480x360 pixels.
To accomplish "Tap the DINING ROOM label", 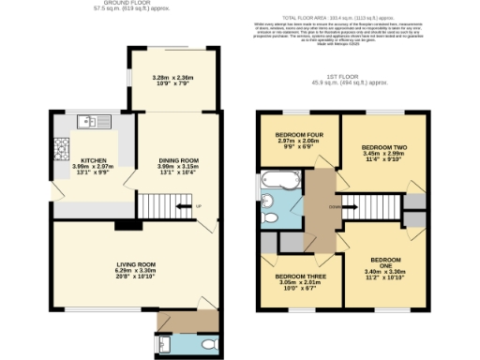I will [x=177, y=160].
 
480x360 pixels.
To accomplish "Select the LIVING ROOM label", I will [x=128, y=265].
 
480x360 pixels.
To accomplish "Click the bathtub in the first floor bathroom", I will [x=278, y=179].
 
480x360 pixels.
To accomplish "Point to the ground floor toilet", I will [x=209, y=343].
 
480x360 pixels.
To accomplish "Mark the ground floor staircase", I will [x=165, y=205].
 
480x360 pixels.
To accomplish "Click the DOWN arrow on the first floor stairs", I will [x=335, y=207].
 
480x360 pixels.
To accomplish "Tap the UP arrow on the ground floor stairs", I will [x=198, y=207].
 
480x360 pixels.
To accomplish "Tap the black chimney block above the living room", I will [x=123, y=224].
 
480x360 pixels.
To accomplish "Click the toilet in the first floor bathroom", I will [x=270, y=217].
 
